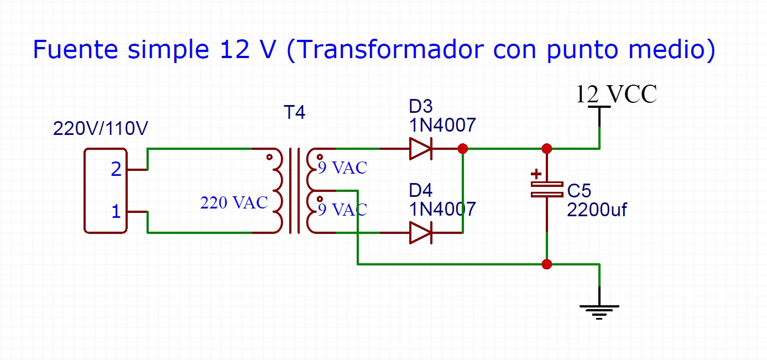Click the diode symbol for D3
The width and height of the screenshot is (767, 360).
coord(420,149)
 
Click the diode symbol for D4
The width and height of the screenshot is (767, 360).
coord(420,233)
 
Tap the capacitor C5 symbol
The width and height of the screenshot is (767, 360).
coord(546,189)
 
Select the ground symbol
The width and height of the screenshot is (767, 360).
coord(599,311)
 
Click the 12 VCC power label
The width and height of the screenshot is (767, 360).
coord(616,95)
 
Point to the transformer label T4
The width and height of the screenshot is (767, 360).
coord(294,113)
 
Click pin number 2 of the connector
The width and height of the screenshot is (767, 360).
coord(116,169)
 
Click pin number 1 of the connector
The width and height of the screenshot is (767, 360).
coord(116,211)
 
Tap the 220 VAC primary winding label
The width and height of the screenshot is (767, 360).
coord(234,203)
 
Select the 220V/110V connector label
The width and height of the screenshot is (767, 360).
coord(101,129)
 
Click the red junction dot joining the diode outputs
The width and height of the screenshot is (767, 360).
coord(463,149)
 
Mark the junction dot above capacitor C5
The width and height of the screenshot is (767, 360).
coord(546,149)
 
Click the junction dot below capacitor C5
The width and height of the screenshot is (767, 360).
coord(546,264)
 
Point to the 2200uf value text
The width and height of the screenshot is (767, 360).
coord(597,210)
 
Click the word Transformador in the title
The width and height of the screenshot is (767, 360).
coord(381,50)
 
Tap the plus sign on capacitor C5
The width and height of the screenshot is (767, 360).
coord(536,174)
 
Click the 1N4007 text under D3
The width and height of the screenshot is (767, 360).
coord(442,126)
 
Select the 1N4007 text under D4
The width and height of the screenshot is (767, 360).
coord(442,209)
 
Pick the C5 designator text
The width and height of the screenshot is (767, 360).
coord(579,191)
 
